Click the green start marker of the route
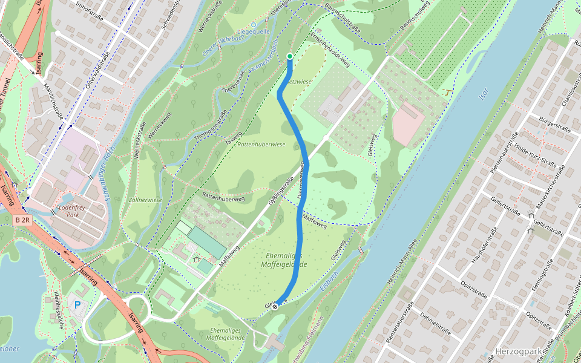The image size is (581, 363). click(290, 56)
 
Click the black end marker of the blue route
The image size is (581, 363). click(275, 307)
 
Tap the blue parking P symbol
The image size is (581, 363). click(77, 306)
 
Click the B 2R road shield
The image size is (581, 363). click(22, 220)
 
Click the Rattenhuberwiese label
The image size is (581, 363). click(261, 145)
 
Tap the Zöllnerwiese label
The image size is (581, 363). click(145, 200)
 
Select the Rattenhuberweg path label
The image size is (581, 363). click(223, 197)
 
